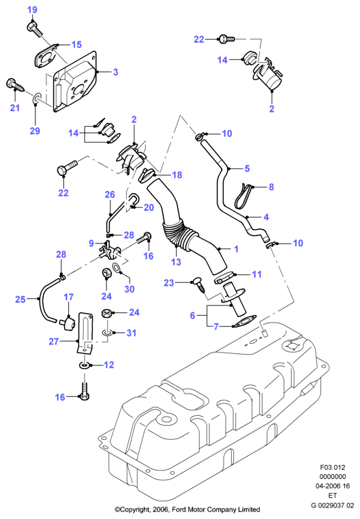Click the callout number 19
(x=32, y=10)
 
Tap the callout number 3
(x=115, y=72)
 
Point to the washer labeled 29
(x=36, y=98)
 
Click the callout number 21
(x=15, y=108)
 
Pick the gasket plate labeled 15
(x=45, y=57)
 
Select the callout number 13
(x=176, y=262)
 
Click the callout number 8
(x=271, y=187)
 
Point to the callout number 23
(x=169, y=282)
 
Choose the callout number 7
(x=216, y=327)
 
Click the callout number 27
(x=54, y=341)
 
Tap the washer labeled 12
(x=84, y=365)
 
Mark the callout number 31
(x=132, y=333)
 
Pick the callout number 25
(x=20, y=299)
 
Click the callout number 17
(x=68, y=297)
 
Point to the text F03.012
(x=333, y=467)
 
